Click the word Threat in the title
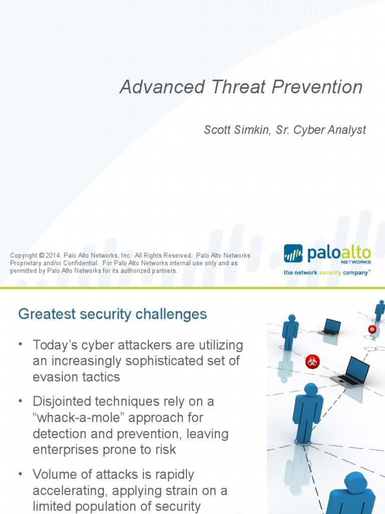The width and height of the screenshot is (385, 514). point(239,87)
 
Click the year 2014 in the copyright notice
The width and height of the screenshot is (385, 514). point(53,255)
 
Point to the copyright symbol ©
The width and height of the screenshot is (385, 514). point(41,255)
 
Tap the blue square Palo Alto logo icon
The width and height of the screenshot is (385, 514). point(293,253)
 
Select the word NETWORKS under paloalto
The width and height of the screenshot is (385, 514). point(356,262)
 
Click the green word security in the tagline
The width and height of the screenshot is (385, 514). point(330,273)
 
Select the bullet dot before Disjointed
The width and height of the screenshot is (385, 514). point(21,400)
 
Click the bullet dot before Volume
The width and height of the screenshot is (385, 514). point(21,473)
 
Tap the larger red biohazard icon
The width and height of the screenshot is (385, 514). point(312,361)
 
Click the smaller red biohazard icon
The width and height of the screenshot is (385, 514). point(372,329)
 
